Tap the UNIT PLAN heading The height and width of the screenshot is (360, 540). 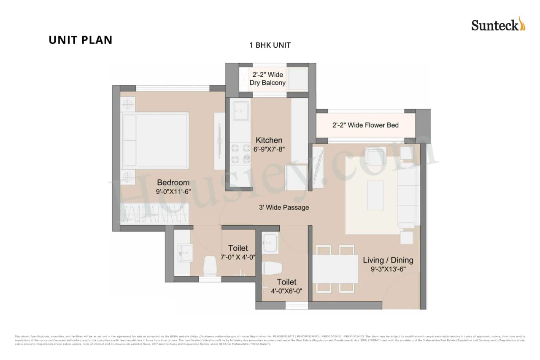click(81, 40)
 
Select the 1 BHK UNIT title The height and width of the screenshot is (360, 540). click(270, 45)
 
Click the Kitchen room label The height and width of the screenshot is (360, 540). click(269, 140)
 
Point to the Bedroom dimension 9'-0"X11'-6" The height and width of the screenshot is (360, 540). click(173, 191)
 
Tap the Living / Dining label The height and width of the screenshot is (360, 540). click(388, 260)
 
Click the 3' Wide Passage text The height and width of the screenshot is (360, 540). click(283, 207)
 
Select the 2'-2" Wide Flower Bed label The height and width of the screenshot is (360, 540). click(365, 125)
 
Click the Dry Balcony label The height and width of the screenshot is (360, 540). click(267, 83)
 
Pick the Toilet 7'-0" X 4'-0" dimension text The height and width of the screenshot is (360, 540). click(238, 257)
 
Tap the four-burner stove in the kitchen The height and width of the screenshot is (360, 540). click(240, 154)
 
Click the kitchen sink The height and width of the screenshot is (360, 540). click(240, 111)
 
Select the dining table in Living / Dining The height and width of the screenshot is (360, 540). click(335, 269)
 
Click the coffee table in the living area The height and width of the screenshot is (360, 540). click(375, 195)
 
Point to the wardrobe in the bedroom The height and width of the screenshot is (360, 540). click(154, 213)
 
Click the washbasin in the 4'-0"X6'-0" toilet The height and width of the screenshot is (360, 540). click(270, 243)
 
